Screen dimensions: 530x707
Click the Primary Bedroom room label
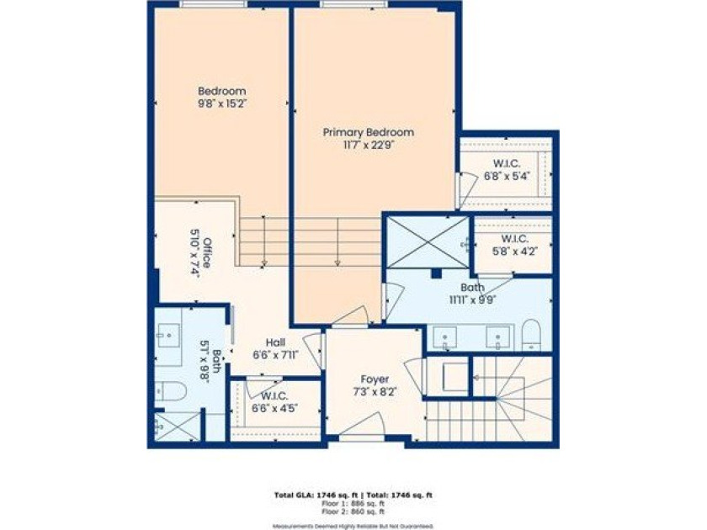(x=369, y=132)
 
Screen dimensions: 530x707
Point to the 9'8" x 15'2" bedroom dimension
(x=221, y=104)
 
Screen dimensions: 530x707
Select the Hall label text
(x=275, y=342)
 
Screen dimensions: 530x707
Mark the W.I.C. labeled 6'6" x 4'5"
(x=275, y=400)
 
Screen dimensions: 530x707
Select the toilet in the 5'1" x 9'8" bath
(x=169, y=391)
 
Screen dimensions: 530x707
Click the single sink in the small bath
(x=167, y=336)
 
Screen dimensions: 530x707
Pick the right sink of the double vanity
(x=498, y=339)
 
